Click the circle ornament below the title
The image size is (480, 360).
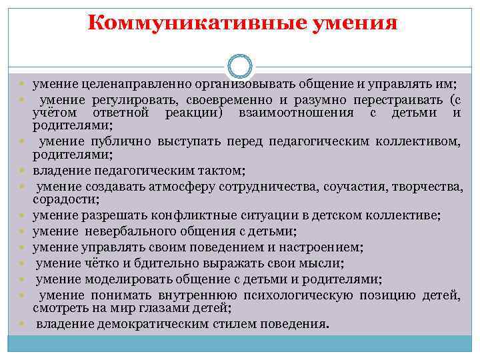point(239,66)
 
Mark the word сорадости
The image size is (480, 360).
point(63,199)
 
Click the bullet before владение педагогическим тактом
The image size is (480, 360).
point(23,170)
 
